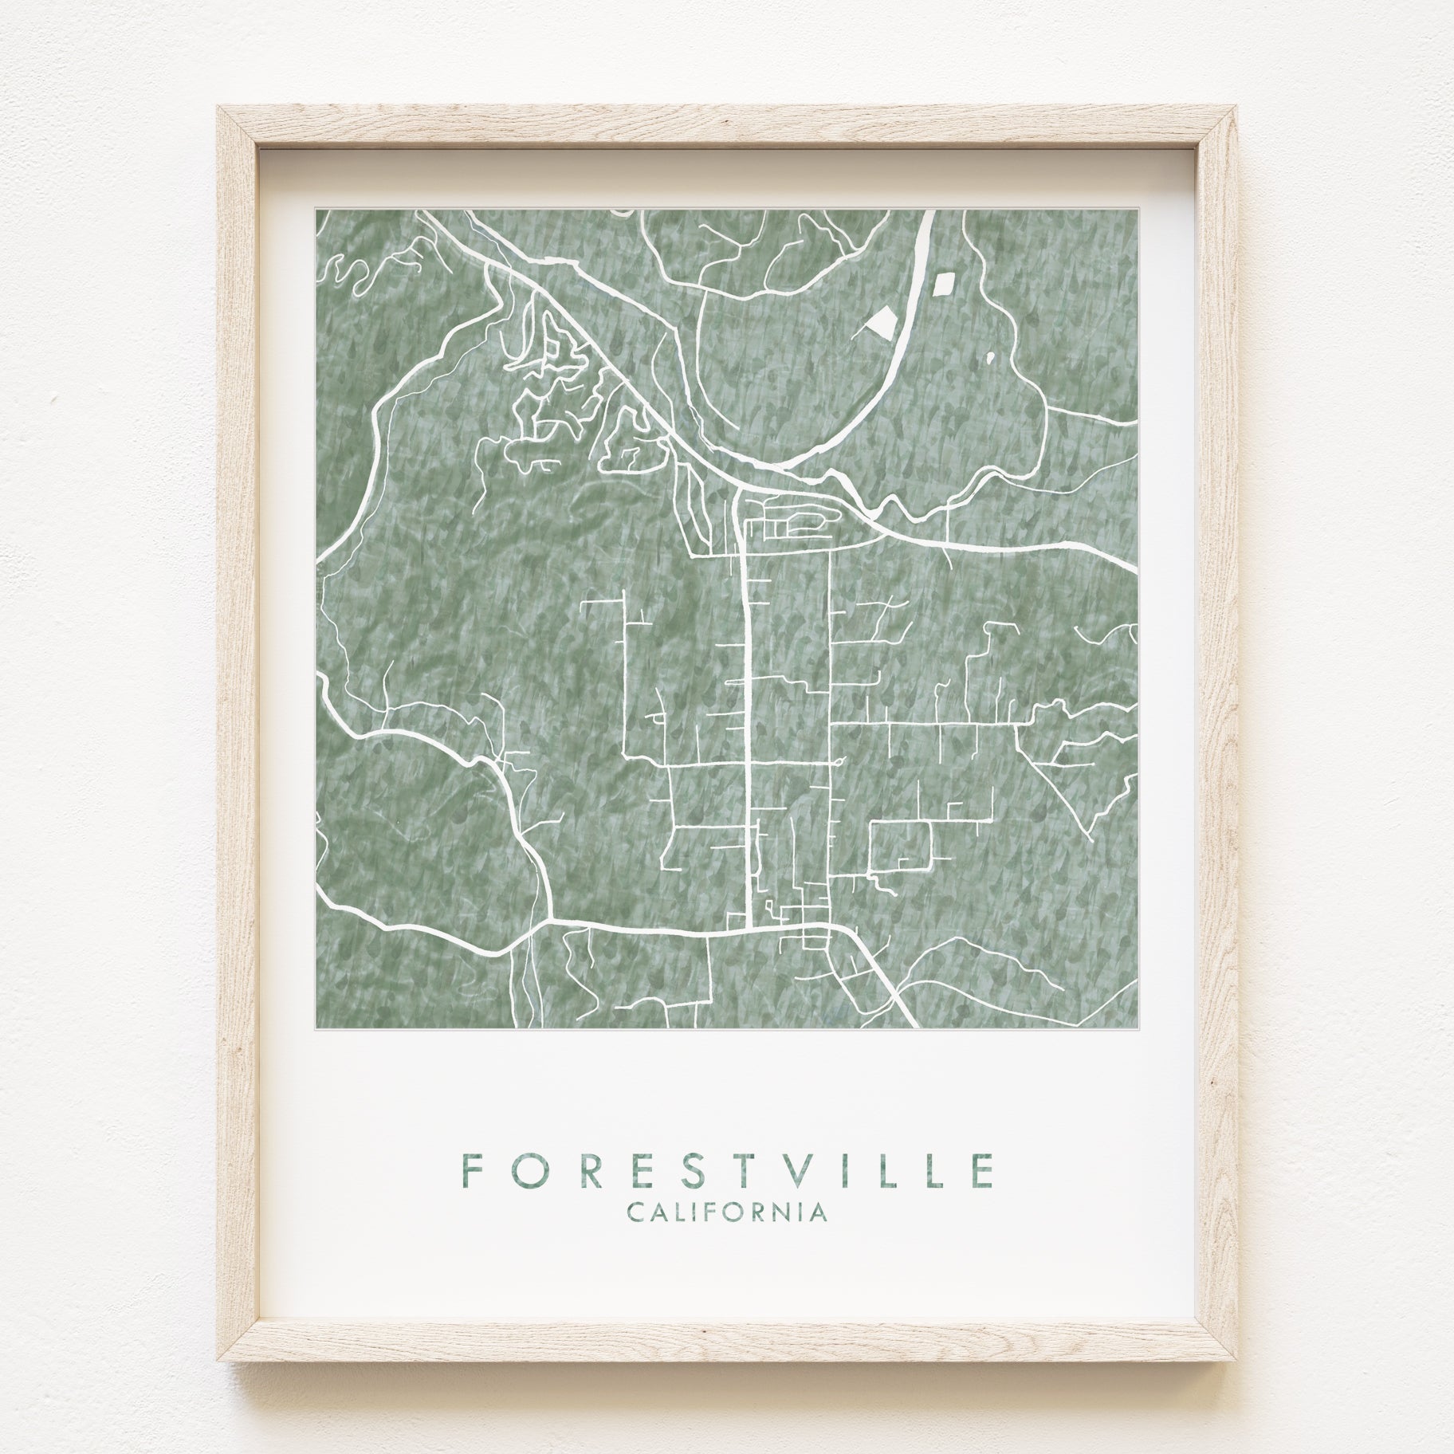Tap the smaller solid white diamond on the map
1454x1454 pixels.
tap(945, 283)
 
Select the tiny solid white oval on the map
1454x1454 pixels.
tap(991, 358)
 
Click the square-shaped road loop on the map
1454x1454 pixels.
tap(902, 847)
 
